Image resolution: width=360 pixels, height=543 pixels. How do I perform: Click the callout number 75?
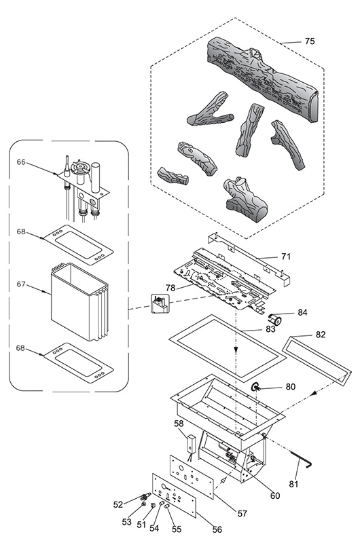(x=310, y=41)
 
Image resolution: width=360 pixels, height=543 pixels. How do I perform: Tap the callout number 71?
(x=286, y=257)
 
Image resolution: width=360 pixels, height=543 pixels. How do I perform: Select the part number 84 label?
(x=302, y=312)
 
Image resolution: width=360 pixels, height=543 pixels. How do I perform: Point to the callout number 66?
(x=21, y=162)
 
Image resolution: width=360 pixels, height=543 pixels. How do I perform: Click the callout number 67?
(x=21, y=284)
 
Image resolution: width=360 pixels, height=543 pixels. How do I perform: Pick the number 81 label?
(x=293, y=484)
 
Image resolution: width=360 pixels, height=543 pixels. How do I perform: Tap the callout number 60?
(x=275, y=496)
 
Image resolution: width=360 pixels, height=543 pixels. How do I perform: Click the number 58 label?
(x=179, y=424)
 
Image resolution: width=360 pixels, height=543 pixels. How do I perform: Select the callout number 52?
(x=118, y=504)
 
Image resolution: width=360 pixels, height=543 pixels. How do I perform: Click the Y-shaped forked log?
(x=209, y=111)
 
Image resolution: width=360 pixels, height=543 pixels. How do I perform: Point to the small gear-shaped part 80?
(x=256, y=388)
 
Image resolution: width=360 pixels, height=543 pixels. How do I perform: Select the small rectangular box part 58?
(x=192, y=444)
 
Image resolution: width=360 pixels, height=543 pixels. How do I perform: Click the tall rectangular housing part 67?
(x=79, y=301)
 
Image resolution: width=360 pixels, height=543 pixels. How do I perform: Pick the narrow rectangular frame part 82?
(x=317, y=360)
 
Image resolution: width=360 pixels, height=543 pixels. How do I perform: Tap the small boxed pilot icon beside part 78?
(x=160, y=303)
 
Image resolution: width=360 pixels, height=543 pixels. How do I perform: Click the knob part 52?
(x=145, y=497)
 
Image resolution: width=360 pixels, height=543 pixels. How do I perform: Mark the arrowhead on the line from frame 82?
(x=313, y=393)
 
